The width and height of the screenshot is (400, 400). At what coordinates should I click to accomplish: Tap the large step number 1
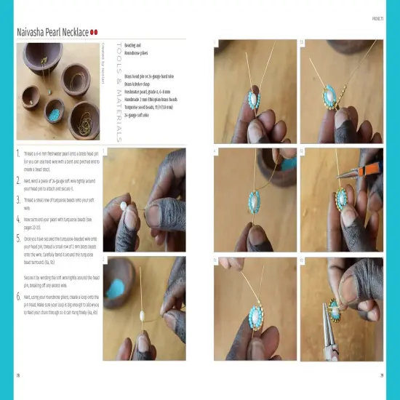[x=18, y=154]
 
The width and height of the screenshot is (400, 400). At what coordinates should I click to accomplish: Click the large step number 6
[x=18, y=297]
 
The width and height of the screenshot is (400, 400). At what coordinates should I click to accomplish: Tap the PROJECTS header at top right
[x=377, y=18]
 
